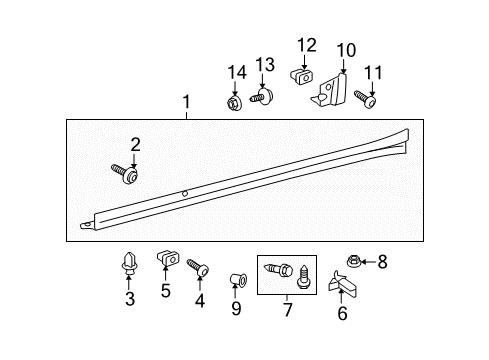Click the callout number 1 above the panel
pos(186,101)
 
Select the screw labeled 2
pos(125,173)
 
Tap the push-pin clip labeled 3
pos(128,264)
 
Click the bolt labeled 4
pos(198,268)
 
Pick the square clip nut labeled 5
pos(167,257)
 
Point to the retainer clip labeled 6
pos(342,284)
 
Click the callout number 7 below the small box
pos(287,309)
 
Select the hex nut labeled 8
pos(353,261)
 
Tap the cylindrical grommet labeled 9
pos(239,280)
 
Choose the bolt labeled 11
pos(365,99)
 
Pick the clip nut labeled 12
pos(302,77)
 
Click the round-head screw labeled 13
pos(262,96)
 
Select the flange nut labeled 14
pos(234,102)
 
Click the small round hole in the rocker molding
pos(185,193)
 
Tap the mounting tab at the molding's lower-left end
pos(87,226)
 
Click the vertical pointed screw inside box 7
pos(303,277)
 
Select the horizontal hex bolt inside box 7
pos(277,269)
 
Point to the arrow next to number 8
pos(368,262)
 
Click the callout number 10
pos(346,51)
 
